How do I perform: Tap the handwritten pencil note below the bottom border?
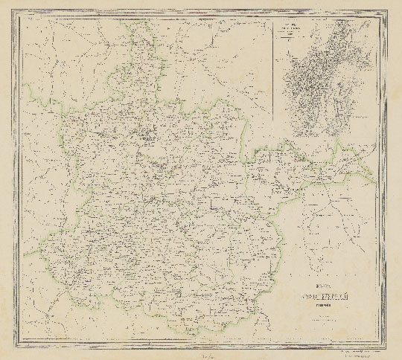coord(200,355)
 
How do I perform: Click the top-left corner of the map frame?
coord(19,14)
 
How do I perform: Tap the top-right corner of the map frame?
coord(383,14)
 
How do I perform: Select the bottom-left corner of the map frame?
coord(19,345)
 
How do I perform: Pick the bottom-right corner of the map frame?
coord(383,345)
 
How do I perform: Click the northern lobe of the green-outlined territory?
coord(145,60)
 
